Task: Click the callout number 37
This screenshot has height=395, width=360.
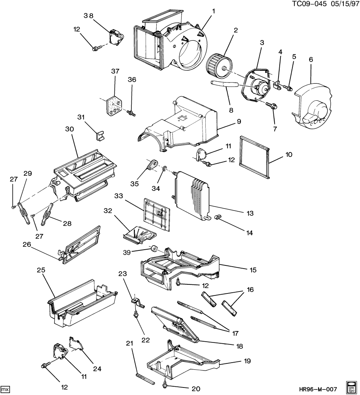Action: [x=115, y=71]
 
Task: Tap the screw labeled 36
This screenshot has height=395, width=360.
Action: [x=131, y=113]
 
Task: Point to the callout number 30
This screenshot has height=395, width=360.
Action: [x=70, y=130]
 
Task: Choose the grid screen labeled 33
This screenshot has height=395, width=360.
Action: [x=157, y=213]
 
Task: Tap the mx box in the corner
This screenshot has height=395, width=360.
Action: [x=6, y=389]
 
